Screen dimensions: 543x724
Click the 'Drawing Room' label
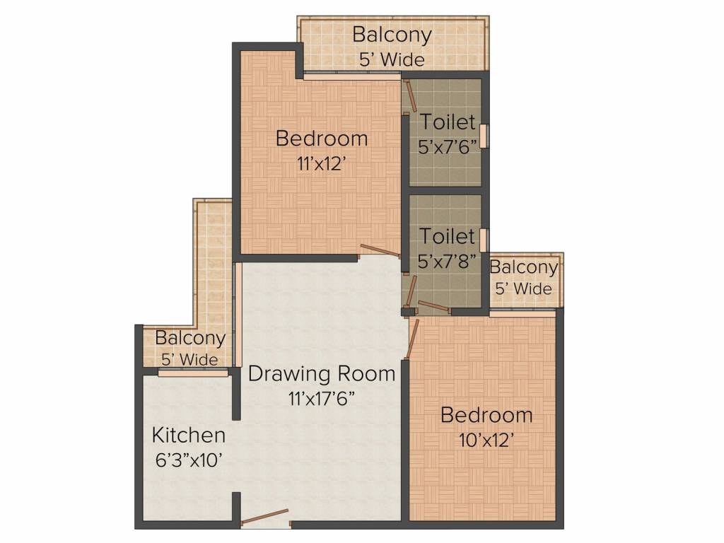coord(321,373)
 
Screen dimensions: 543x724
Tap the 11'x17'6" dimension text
coord(321,398)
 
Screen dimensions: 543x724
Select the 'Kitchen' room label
coord(189,435)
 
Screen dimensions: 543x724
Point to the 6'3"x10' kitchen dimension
coord(189,460)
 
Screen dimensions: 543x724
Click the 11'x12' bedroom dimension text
coord(321,164)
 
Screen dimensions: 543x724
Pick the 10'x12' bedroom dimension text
coord(486,440)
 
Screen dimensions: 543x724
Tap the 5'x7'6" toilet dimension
coord(447,147)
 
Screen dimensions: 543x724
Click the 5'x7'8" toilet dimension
coord(447,262)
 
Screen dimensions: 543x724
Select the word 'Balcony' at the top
coord(392,34)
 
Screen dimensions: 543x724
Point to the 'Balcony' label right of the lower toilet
coord(523,267)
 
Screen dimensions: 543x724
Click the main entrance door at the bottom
coord(265,518)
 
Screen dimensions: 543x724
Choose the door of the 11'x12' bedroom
coord(380,250)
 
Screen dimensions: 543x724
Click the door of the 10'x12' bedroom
coord(413,338)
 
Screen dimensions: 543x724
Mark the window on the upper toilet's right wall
coord(484,136)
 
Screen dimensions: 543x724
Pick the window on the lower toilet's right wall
coord(484,240)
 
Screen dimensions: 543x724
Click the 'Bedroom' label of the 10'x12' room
coord(486,414)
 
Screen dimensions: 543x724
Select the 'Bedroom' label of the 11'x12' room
coord(321,138)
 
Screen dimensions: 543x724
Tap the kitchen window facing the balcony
coord(192,373)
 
